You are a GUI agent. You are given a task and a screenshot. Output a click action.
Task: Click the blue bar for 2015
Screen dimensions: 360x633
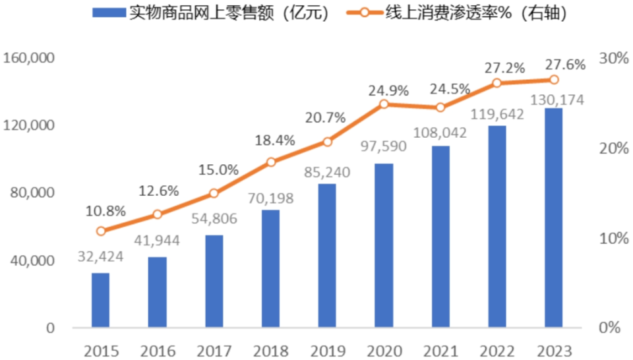[100, 300]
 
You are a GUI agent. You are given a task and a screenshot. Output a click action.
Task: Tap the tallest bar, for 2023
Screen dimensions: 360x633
[553, 218]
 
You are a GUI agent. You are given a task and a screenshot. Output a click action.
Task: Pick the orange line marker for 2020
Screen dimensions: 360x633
[384, 104]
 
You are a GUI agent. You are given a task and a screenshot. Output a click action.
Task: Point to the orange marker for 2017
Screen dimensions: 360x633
[214, 193]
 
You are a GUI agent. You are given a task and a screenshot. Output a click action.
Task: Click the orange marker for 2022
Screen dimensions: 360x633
[497, 83]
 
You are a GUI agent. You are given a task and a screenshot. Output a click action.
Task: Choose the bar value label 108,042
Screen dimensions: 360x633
[440, 133]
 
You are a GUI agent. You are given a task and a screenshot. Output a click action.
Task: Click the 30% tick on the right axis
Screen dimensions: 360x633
[614, 58]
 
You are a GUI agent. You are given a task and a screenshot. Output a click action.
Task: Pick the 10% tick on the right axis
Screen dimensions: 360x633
[614, 238]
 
